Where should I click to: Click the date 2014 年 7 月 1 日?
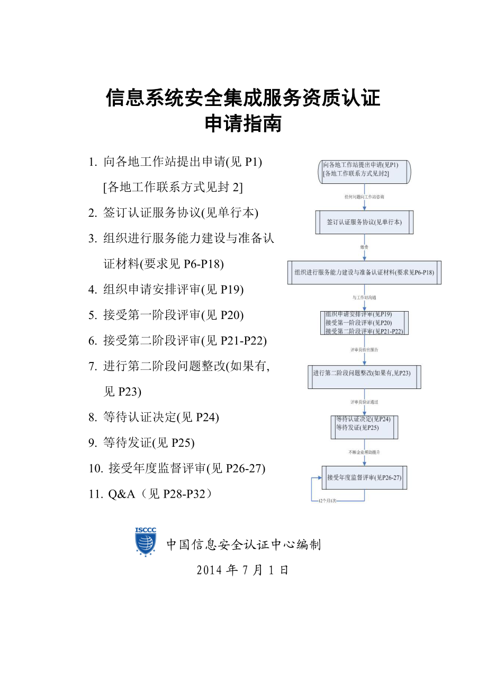[x=242, y=571]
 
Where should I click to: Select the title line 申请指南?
[x=243, y=124]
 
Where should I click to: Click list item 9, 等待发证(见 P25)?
[x=149, y=443]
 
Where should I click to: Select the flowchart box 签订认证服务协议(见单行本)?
[x=364, y=222]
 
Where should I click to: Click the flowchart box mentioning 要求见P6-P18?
[x=364, y=272]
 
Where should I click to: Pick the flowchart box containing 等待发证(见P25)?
[x=364, y=427]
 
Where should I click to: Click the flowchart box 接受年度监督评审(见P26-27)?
[x=364, y=477]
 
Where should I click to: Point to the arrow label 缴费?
[x=364, y=247]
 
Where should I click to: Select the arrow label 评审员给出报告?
[x=364, y=350]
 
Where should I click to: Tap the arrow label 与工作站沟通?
[x=364, y=298]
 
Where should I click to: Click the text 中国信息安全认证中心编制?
[x=243, y=544]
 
